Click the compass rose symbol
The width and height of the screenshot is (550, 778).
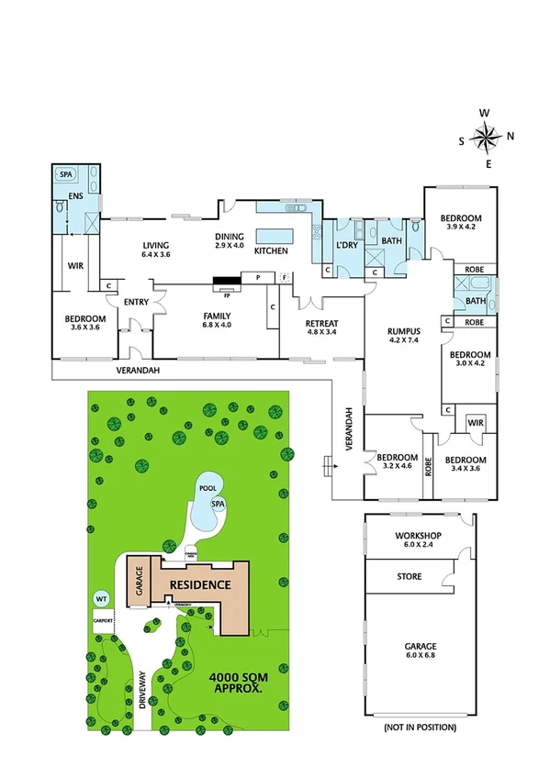[486, 138]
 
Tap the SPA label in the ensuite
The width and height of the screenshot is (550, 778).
[66, 174]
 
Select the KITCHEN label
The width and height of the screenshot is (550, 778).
[271, 250]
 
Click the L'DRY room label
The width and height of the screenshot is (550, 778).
[346, 245]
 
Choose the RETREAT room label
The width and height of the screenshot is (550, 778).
[321, 324]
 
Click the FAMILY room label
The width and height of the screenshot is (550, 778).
[217, 315]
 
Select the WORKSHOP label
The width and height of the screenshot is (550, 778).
[419, 535]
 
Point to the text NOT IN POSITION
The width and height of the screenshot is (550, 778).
[419, 727]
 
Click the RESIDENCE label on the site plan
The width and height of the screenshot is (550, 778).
[197, 584]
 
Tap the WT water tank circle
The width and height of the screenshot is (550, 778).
[101, 598]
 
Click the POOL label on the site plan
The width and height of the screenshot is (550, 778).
[207, 489]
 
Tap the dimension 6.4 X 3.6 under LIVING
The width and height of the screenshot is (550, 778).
[155, 254]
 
